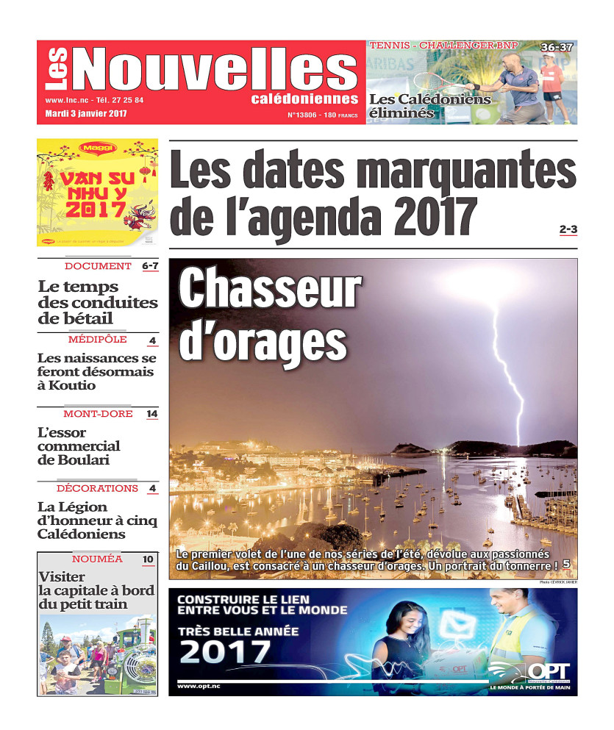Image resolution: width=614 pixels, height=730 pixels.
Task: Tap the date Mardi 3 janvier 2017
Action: (86, 114)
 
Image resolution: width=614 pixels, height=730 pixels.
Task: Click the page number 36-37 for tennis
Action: (557, 48)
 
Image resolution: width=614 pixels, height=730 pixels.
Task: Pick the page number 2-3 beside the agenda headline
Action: (568, 230)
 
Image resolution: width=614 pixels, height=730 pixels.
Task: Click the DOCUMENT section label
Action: (98, 266)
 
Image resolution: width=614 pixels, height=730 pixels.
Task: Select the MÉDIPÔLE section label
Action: (97, 340)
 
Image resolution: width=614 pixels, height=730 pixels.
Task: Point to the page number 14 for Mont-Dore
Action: (151, 414)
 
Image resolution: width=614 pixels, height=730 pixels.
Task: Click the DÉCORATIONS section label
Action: (97, 488)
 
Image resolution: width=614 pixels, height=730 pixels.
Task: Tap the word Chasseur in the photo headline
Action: (271, 290)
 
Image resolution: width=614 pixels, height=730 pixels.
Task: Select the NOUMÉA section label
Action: (97, 559)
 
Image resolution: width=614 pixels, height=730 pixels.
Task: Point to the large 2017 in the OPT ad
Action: (225, 651)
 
